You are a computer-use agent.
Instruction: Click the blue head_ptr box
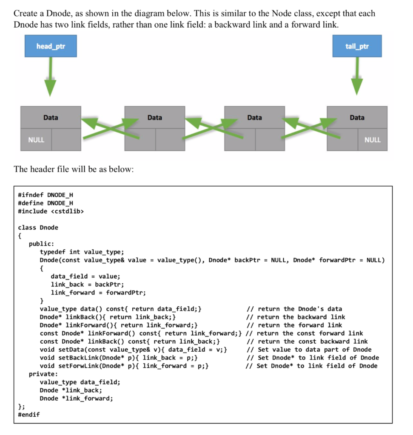click(x=51, y=46)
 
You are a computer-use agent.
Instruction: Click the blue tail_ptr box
click(x=357, y=46)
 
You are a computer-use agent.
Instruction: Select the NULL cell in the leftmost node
click(x=36, y=140)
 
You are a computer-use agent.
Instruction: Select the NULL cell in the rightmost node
click(x=372, y=140)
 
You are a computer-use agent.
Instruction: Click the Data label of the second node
click(x=154, y=117)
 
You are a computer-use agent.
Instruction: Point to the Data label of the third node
click(x=254, y=117)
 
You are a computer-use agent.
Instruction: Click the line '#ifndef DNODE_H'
click(x=45, y=195)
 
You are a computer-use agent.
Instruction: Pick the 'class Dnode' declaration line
click(x=38, y=227)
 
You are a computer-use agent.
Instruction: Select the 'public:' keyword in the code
click(x=41, y=244)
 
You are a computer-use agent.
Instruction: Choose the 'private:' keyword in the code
click(x=43, y=374)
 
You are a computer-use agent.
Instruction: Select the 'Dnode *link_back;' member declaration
click(x=71, y=390)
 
